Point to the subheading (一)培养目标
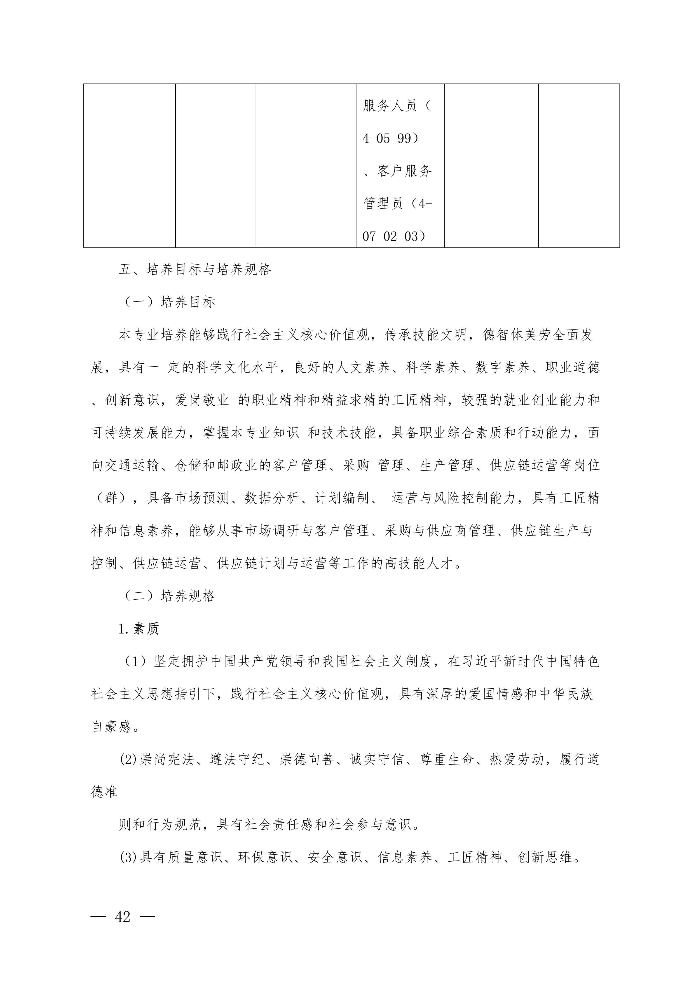170,302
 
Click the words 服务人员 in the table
390,106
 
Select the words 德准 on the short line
104,792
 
